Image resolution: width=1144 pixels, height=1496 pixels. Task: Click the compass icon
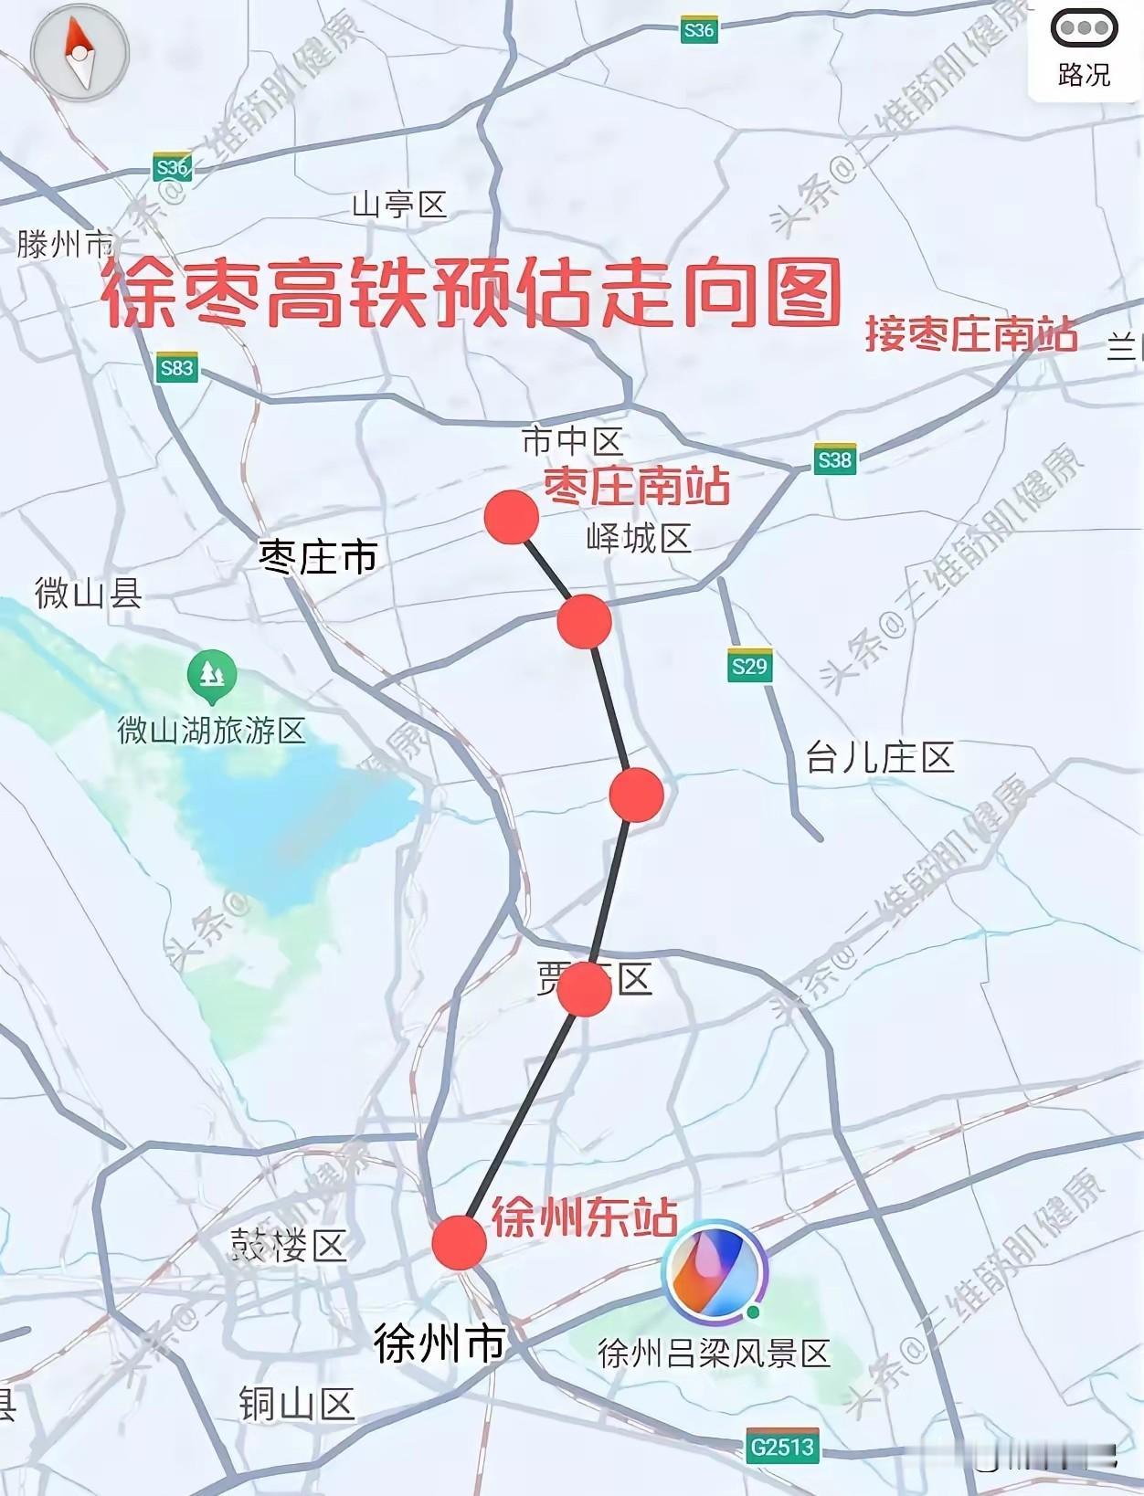click(80, 54)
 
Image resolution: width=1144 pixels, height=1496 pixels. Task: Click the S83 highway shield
click(176, 368)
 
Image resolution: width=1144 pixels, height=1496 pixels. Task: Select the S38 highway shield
click(835, 459)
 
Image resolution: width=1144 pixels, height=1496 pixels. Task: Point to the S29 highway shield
click(749, 666)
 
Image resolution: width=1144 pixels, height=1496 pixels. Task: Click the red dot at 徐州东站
click(459, 1242)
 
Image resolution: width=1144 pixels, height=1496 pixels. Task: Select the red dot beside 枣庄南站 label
click(511, 516)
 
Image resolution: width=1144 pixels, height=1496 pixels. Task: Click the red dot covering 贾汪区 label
click(585, 989)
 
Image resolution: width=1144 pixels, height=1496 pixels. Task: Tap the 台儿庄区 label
click(880, 758)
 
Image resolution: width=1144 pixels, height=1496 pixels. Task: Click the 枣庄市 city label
click(318, 556)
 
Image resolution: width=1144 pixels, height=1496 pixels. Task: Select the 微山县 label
click(89, 594)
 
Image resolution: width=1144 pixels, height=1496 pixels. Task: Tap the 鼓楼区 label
click(288, 1245)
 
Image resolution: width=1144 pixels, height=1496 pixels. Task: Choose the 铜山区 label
click(296, 1404)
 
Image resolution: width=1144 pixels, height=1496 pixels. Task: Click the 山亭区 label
click(399, 205)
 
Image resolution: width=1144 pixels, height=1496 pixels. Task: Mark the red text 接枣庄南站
click(971, 334)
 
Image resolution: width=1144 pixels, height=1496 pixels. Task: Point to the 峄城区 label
click(639, 539)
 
